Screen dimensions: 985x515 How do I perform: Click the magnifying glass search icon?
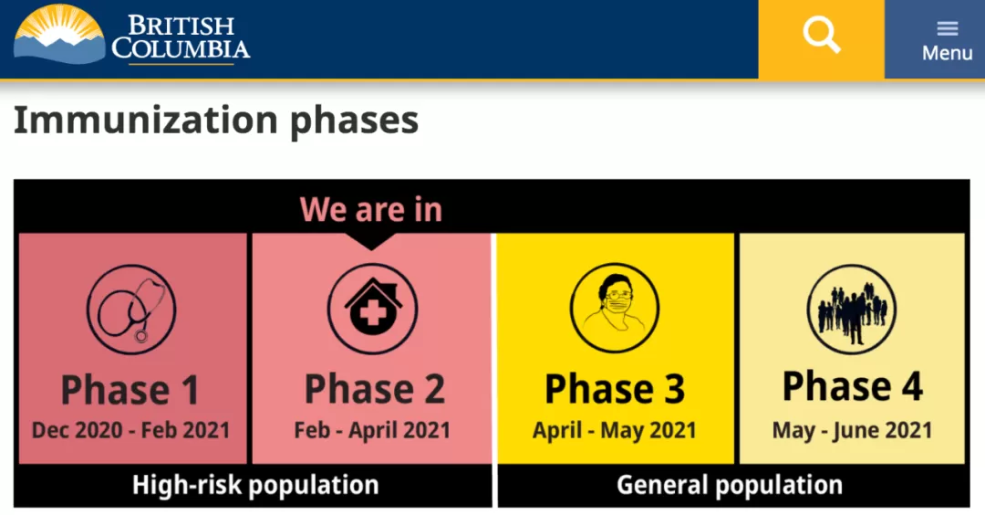pyautogui.click(x=821, y=35)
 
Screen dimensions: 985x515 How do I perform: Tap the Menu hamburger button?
pyautogui.click(x=947, y=40)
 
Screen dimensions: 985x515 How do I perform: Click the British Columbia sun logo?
pyautogui.click(x=59, y=35)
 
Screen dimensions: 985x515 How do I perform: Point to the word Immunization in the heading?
pyautogui.click(x=146, y=120)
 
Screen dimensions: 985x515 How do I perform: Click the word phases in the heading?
pyautogui.click(x=354, y=121)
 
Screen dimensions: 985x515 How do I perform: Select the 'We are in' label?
pyautogui.click(x=370, y=209)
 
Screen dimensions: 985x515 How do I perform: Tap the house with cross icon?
pyautogui.click(x=372, y=309)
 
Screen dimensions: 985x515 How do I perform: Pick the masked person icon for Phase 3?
pyautogui.click(x=615, y=308)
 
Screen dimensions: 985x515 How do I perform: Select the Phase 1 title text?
pyautogui.click(x=130, y=390)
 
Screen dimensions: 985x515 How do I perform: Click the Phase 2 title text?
pyautogui.click(x=375, y=389)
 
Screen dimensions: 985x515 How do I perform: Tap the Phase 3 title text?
pyautogui.click(x=615, y=389)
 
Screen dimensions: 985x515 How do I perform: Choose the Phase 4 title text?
pyautogui.click(x=853, y=386)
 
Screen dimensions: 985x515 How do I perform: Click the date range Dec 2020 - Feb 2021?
pyautogui.click(x=130, y=430)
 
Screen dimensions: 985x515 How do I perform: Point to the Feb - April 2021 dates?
pyautogui.click(x=372, y=431)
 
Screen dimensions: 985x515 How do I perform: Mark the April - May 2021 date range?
pyautogui.click(x=615, y=431)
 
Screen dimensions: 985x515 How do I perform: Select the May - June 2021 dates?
pyautogui.click(x=852, y=431)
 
